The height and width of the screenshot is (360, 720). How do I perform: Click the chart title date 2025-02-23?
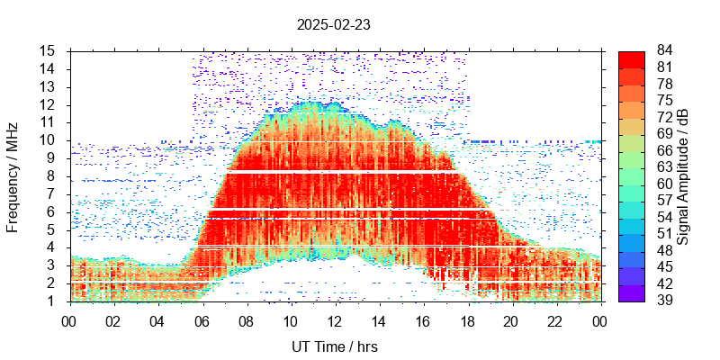(334, 25)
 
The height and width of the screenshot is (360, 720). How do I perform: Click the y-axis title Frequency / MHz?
(13, 175)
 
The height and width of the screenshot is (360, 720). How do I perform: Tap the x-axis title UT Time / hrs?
(334, 346)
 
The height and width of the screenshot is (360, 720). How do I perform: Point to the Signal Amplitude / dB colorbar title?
(683, 175)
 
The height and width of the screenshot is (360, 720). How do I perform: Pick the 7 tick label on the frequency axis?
(53, 193)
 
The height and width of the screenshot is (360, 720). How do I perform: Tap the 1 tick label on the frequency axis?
(53, 301)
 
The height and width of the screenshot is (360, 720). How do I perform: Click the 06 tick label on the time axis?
(202, 320)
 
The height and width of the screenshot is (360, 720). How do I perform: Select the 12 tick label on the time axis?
(335, 320)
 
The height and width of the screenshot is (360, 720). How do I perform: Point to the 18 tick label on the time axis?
(467, 320)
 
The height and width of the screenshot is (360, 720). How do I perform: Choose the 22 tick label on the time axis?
(555, 320)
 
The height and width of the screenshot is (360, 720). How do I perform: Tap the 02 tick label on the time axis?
(113, 320)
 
